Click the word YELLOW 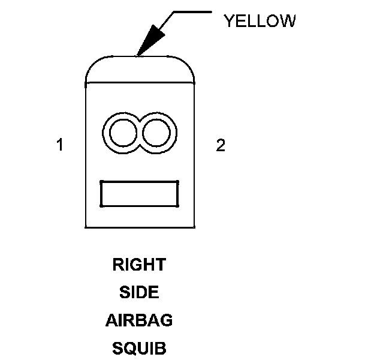pyautogui.click(x=259, y=21)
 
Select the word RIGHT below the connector pyautogui.click(x=138, y=265)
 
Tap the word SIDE pyautogui.click(x=138, y=293)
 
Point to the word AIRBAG pyautogui.click(x=139, y=320)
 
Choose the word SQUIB pyautogui.click(x=138, y=348)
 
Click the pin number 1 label pyautogui.click(x=59, y=145)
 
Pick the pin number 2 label pyautogui.click(x=221, y=145)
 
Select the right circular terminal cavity pyautogui.click(x=156, y=133)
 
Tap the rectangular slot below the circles pyautogui.click(x=139, y=194)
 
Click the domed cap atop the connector pyautogui.click(x=140, y=69)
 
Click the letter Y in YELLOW pyautogui.click(x=228, y=21)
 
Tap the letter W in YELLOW pyautogui.click(x=288, y=21)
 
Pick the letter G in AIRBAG pyautogui.click(x=165, y=320)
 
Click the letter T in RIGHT pyautogui.click(x=160, y=265)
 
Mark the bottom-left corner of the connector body pyautogui.click(x=86, y=227)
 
